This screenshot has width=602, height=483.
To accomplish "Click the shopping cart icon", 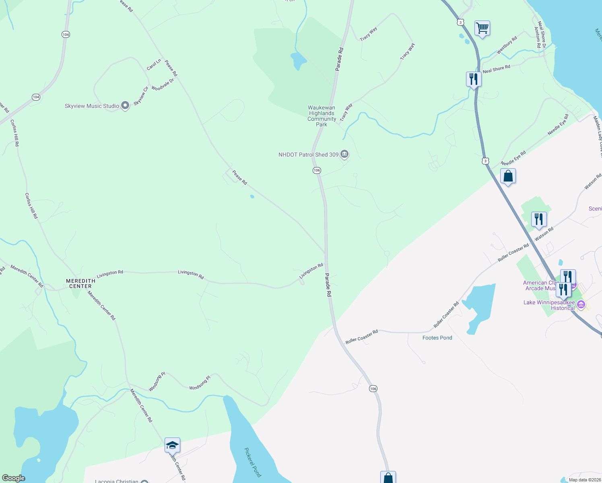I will point(482,28).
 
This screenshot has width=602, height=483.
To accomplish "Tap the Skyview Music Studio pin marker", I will point(125,106).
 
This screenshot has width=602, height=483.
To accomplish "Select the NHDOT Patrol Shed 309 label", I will point(308,155).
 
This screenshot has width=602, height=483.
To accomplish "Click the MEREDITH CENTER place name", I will point(80,283).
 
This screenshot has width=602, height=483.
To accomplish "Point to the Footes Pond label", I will point(437,338).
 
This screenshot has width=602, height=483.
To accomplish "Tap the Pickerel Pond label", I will point(253,462).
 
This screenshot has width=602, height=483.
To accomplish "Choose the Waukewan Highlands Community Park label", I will point(322,116).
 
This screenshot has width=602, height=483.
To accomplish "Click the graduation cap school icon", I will point(172,445).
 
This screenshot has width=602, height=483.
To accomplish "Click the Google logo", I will point(14,478).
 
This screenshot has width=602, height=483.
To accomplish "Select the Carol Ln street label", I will point(154,64).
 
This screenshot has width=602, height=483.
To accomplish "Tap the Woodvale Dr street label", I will point(163,85).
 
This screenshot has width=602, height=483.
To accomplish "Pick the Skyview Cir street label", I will point(141,96).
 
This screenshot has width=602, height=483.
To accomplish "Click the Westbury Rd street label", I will point(507,45).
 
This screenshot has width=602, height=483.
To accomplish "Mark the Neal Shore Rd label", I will point(496,69).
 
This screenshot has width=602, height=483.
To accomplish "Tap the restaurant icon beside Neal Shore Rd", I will point(474,79).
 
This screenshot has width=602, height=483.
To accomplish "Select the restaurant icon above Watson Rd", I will point(539,219).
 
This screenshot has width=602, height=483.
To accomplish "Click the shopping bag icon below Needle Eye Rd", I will point(508,176).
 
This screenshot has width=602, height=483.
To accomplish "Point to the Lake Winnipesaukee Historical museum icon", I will point(581,305).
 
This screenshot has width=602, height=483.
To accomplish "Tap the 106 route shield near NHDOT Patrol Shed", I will point(317,170).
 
